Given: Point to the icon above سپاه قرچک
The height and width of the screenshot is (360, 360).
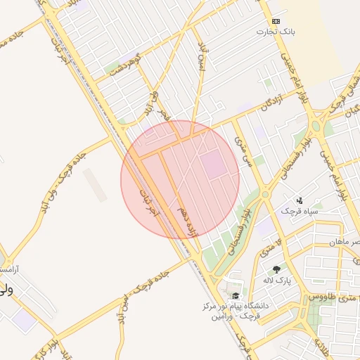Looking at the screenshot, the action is point(300,200).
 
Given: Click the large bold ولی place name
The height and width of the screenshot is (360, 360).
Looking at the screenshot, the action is point(6,289).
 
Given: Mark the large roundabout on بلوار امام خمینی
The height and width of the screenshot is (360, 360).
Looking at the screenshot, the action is point(315,128).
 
